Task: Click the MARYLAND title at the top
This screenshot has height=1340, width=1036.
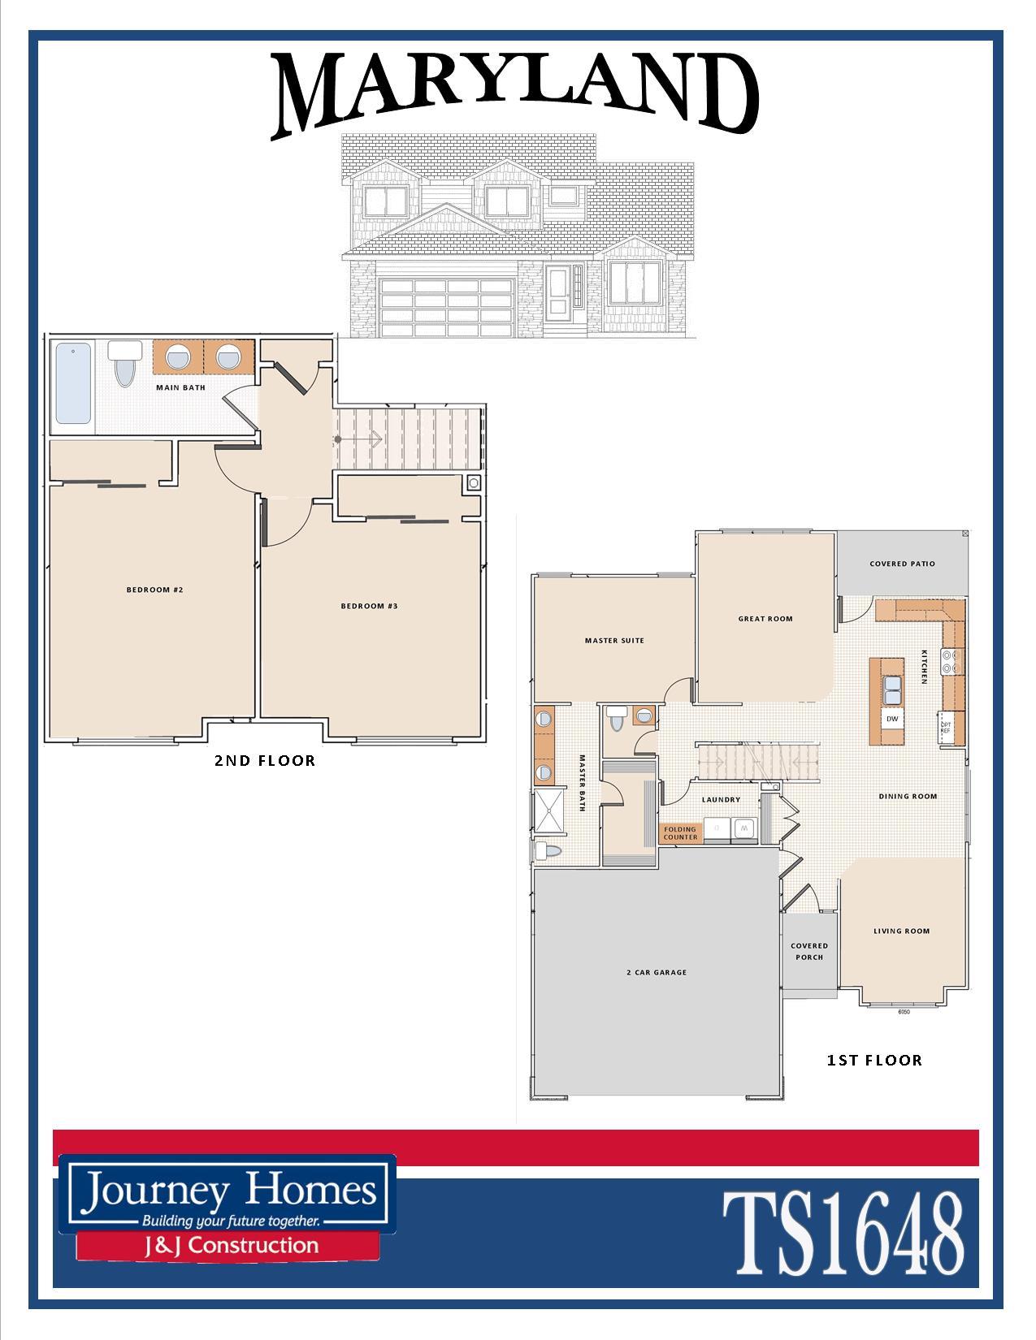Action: (515, 93)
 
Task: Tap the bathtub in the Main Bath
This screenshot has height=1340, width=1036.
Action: (73, 383)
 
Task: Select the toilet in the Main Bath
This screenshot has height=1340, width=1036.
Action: (124, 363)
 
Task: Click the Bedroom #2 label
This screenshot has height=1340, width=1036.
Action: (155, 590)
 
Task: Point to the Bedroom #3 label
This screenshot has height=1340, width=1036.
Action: (369, 606)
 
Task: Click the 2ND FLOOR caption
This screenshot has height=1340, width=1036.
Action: (265, 760)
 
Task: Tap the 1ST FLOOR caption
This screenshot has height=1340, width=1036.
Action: (874, 1060)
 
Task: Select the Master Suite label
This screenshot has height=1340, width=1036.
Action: (614, 640)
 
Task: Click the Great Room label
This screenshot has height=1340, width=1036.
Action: (765, 619)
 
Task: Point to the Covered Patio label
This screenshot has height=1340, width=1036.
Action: (902, 564)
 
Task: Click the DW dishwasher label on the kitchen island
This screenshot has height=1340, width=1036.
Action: (892, 719)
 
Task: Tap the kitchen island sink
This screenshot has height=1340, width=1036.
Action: (892, 690)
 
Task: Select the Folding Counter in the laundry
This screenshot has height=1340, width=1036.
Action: (681, 833)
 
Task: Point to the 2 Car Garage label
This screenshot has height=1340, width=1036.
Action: (656, 972)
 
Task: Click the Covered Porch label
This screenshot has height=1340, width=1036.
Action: (809, 952)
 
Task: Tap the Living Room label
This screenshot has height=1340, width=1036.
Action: (901, 932)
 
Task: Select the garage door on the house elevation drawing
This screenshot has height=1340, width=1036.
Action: (447, 308)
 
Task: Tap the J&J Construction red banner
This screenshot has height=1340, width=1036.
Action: (228, 1245)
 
